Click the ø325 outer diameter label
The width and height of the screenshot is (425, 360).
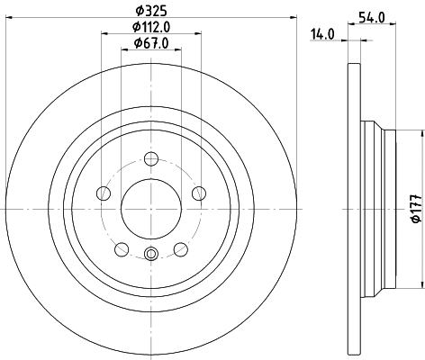(x=149, y=11)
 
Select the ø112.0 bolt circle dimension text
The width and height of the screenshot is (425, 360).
(x=149, y=27)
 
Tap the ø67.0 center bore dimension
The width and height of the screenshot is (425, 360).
(x=149, y=43)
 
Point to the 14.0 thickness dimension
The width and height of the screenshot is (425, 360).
(x=322, y=33)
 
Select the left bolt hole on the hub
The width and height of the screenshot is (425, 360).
(x=104, y=193)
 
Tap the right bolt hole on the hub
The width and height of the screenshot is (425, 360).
(x=197, y=192)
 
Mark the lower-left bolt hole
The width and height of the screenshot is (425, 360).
(x=122, y=247)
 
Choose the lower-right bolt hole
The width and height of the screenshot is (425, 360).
(x=180, y=247)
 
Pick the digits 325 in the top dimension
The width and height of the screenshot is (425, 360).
(x=155, y=11)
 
